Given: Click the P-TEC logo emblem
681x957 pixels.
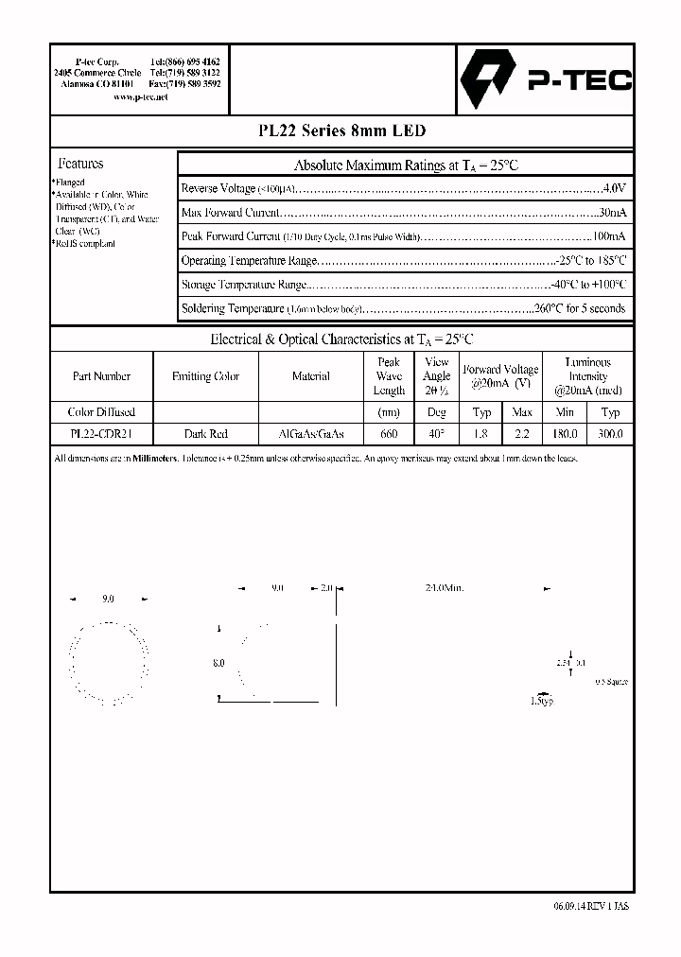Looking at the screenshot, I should [x=488, y=80].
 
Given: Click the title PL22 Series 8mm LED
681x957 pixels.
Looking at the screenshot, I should [x=340, y=131].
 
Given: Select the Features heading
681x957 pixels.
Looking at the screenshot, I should [x=81, y=164].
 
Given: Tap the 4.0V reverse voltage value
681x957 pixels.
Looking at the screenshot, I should [x=614, y=189].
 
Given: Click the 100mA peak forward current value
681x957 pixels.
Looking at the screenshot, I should [x=609, y=236].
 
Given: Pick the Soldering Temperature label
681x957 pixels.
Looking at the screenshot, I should [x=232, y=308].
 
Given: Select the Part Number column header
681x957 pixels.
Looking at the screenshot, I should [x=101, y=376].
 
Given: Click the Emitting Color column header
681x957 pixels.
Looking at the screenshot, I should [x=205, y=376].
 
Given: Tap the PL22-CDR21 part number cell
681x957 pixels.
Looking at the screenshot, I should [x=101, y=434].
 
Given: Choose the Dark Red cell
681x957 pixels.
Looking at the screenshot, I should [x=205, y=434].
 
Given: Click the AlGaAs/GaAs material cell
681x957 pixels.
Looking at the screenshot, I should [x=311, y=434].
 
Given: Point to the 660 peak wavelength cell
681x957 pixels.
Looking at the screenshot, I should [x=389, y=434].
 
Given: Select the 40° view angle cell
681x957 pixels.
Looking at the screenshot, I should [x=436, y=434].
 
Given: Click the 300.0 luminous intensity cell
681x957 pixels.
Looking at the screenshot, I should [x=610, y=434].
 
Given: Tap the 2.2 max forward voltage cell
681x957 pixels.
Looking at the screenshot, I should [x=522, y=434].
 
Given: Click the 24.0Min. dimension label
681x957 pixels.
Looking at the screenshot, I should [x=445, y=588].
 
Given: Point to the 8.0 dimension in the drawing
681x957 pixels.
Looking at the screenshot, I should [x=218, y=664].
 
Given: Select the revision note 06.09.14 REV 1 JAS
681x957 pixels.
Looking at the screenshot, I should [x=591, y=905].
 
